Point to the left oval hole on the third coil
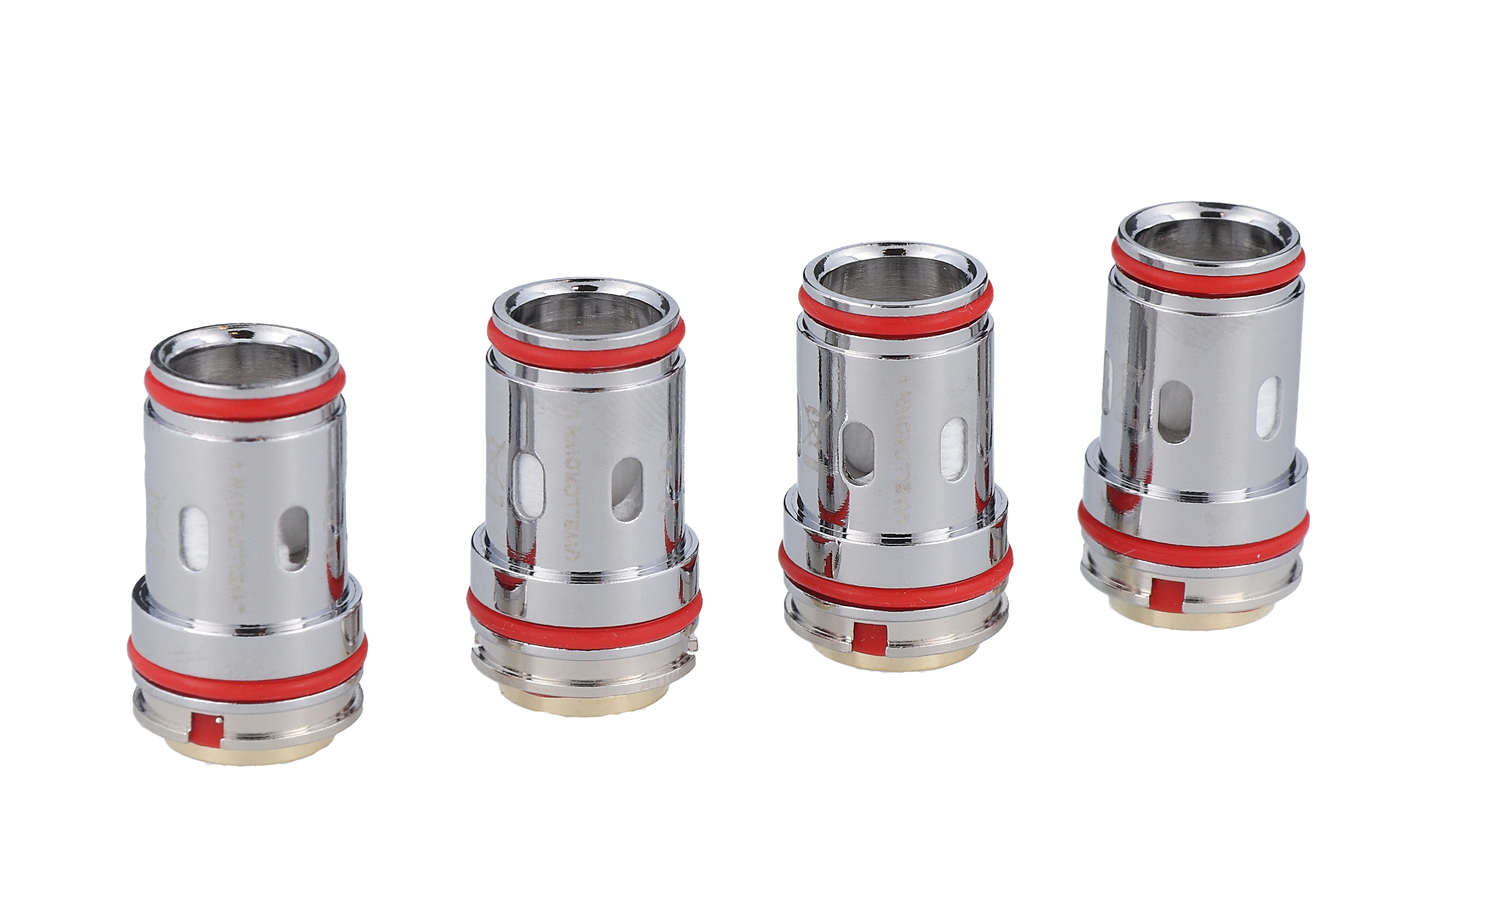click(858, 452)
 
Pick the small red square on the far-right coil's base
click(1165, 596)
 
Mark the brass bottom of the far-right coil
click(1201, 617)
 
